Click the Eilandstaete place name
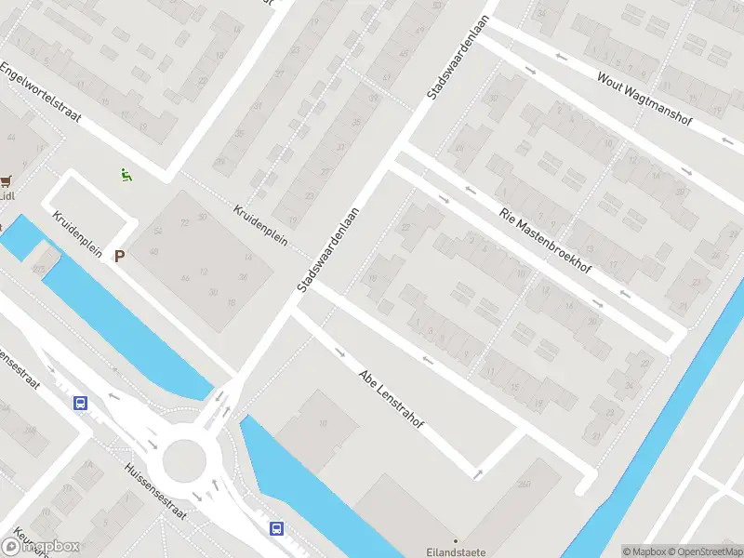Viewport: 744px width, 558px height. pos(456,552)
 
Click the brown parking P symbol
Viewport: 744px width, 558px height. pos(119,256)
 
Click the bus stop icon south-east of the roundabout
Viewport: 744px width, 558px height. pos(276,528)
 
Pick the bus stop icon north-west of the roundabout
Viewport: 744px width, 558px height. pos(81,403)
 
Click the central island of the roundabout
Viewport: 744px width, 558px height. pos(183,460)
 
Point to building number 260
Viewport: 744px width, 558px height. pos(525,483)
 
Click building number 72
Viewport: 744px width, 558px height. pos(185,223)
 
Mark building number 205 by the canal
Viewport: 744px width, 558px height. pos(37,268)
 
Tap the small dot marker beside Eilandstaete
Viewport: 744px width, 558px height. pos(456,540)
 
